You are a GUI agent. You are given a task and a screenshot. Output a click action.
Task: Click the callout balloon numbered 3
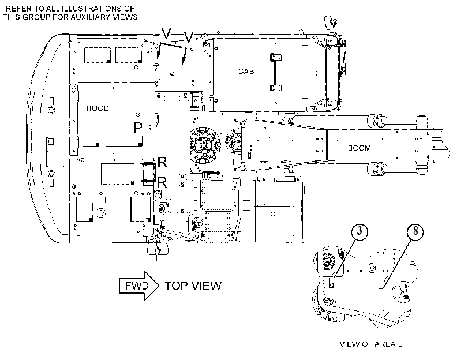[360, 231]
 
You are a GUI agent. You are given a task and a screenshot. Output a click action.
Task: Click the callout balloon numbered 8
[415, 231]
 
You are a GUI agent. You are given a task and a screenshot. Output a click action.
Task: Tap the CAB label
[246, 72]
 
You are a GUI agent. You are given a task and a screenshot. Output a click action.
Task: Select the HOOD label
[98, 108]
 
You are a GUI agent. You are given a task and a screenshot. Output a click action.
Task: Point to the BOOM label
[360, 148]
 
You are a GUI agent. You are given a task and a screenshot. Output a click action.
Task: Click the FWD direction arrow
[139, 286]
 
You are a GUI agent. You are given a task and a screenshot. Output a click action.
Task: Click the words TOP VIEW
[193, 286]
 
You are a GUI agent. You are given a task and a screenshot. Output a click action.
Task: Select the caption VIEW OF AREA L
[370, 344]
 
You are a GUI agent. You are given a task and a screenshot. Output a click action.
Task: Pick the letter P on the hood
[137, 127]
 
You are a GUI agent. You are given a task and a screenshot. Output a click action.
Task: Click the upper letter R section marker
[162, 163]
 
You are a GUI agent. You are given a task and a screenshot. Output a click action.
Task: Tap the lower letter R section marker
[162, 182]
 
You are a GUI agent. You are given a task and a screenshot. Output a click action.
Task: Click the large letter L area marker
[155, 219]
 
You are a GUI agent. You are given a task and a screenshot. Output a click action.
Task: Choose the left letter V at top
[166, 33]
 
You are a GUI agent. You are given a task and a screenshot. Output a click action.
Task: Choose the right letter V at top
[188, 37]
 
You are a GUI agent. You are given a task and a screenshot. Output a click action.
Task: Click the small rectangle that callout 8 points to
[380, 292]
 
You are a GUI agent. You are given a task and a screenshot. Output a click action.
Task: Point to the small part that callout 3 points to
[331, 282]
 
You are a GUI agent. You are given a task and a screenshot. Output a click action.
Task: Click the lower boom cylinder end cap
[376, 168]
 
